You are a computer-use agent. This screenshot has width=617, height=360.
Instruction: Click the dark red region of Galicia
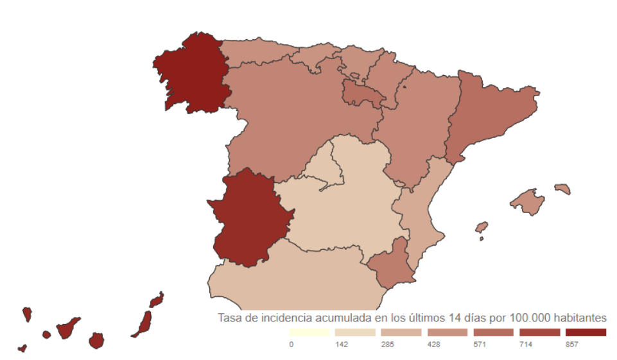[x=193, y=74]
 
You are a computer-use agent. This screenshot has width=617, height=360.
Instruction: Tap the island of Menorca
[x=562, y=189]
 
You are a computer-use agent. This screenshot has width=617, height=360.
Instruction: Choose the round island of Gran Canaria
[x=96, y=340]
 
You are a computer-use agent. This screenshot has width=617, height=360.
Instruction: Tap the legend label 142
[x=341, y=345]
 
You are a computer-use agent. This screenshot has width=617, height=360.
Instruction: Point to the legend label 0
[x=291, y=345]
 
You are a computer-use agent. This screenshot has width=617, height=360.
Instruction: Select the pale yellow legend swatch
[x=309, y=332]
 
